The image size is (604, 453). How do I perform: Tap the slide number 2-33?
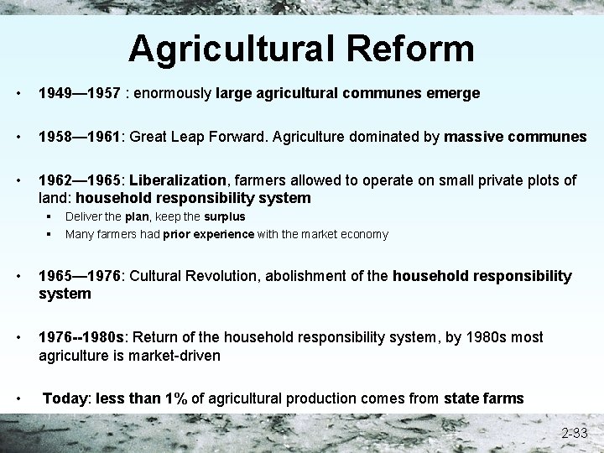(x=575, y=434)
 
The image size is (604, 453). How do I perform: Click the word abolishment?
(x=317, y=276)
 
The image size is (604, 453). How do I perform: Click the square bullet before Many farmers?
(x=51, y=234)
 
